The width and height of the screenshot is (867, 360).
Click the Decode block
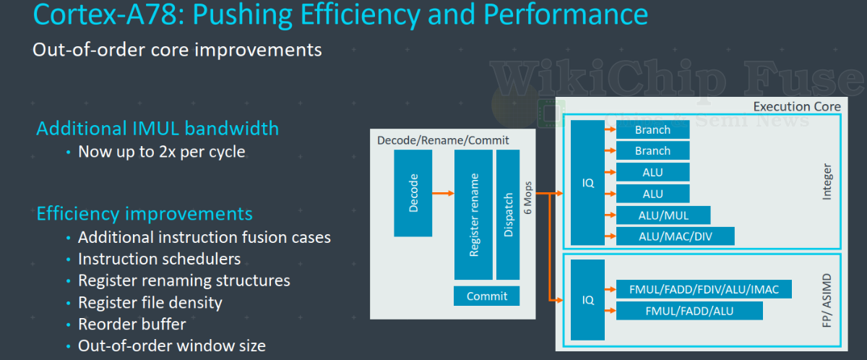click(x=413, y=193)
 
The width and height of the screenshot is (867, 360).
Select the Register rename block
click(x=473, y=215)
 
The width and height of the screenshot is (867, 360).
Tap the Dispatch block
click(x=508, y=215)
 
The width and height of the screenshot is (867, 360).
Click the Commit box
click(x=487, y=296)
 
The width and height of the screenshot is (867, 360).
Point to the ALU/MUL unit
click(x=663, y=215)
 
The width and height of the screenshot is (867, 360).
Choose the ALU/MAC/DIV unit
click(x=675, y=236)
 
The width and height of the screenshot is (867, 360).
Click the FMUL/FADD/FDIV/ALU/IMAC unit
click(x=704, y=289)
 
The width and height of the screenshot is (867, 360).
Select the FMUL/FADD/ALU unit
click(x=689, y=311)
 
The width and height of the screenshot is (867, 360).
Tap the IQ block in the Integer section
click(x=588, y=183)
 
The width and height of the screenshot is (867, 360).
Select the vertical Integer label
click(x=827, y=182)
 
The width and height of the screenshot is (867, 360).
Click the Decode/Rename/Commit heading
click(x=443, y=140)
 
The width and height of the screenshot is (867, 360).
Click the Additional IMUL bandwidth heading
click(x=158, y=129)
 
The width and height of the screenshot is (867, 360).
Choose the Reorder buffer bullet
click(x=131, y=324)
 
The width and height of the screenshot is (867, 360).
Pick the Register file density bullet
click(x=150, y=302)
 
